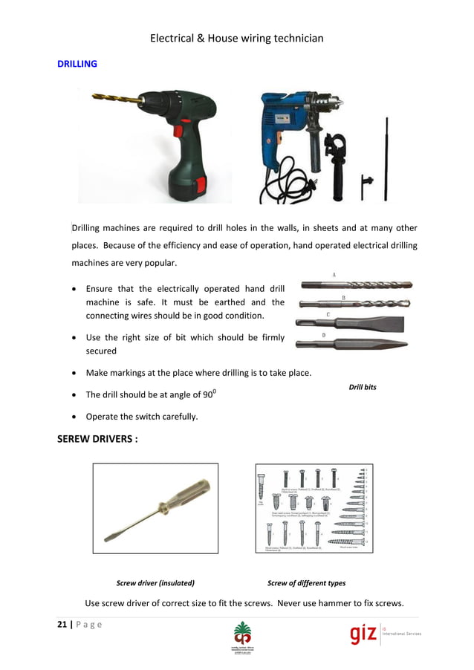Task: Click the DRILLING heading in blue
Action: pyautogui.click(x=77, y=64)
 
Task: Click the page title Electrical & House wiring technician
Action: pyautogui.click(x=236, y=38)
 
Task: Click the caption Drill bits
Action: pyautogui.click(x=363, y=387)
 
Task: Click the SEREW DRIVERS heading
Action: pyautogui.click(x=97, y=439)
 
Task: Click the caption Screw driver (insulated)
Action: pyautogui.click(x=155, y=583)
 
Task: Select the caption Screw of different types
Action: pyautogui.click(x=306, y=583)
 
